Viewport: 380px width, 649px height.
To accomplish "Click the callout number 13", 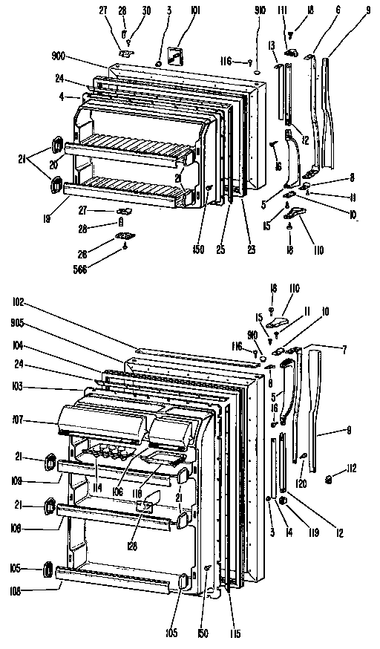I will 272,45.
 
